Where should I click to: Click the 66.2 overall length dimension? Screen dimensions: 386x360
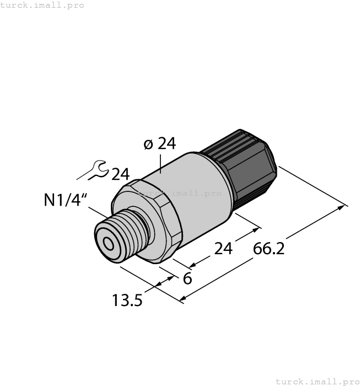(x=268, y=249)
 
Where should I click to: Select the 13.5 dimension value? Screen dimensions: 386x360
(x=127, y=301)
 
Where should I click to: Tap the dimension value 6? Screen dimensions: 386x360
(x=187, y=278)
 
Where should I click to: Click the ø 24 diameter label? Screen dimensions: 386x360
(x=159, y=144)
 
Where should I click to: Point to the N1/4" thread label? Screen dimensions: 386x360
(x=66, y=200)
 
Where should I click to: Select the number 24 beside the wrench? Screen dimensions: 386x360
(x=120, y=174)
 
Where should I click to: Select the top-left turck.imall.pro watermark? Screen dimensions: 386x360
(x=42, y=5)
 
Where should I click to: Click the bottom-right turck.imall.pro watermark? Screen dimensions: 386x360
(x=316, y=381)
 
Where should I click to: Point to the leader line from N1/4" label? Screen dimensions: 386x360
(x=99, y=212)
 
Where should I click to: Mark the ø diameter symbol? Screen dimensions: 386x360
(x=148, y=144)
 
